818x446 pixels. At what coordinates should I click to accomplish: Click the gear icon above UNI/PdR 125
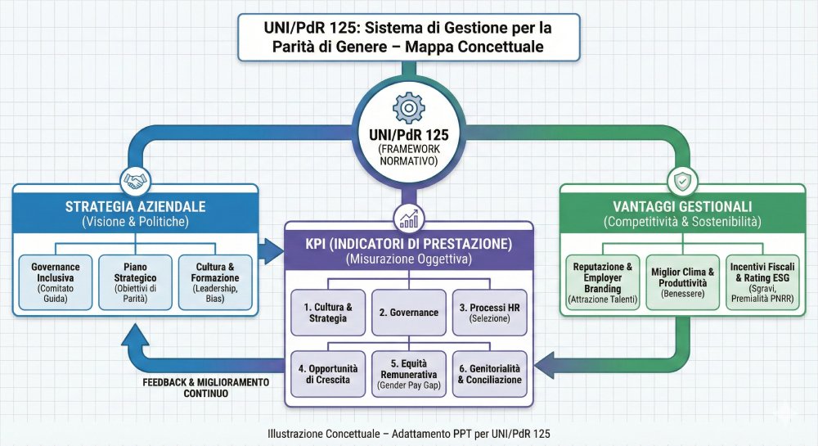pyautogui.click(x=409, y=108)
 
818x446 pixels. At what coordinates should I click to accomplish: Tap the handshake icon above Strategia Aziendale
pyautogui.click(x=134, y=179)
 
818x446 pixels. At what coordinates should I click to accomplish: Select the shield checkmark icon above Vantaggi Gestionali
pyautogui.click(x=682, y=179)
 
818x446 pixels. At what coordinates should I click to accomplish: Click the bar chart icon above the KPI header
pyautogui.click(x=409, y=218)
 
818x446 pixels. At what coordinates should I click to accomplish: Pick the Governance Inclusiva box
pyautogui.click(x=56, y=282)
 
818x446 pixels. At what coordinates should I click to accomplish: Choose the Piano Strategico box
pyautogui.click(x=135, y=282)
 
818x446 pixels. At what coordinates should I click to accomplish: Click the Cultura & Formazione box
pyautogui.click(x=215, y=282)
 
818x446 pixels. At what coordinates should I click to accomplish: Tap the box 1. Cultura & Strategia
pyautogui.click(x=328, y=312)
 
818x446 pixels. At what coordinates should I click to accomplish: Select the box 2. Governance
pyautogui.click(x=409, y=312)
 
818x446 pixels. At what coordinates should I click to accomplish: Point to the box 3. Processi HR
pyautogui.click(x=489, y=312)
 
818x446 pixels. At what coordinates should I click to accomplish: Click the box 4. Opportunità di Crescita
pyautogui.click(x=328, y=373)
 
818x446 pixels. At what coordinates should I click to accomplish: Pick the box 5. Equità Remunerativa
pyautogui.click(x=409, y=373)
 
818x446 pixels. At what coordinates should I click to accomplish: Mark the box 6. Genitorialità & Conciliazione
pyautogui.click(x=489, y=373)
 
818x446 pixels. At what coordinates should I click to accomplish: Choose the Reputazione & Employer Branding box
pyautogui.click(x=603, y=282)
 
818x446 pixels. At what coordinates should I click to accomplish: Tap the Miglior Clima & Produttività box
pyautogui.click(x=683, y=282)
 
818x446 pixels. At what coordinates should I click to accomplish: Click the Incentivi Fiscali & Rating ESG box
pyautogui.click(x=762, y=282)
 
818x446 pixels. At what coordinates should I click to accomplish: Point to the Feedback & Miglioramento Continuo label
pyautogui.click(x=205, y=388)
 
